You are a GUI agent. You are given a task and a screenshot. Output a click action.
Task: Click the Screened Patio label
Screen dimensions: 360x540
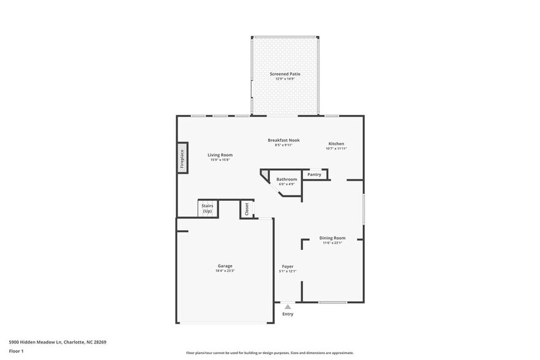[285, 74]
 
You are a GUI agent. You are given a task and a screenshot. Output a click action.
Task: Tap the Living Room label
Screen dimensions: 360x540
[220, 155]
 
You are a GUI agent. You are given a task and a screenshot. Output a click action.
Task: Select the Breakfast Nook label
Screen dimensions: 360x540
[283, 140]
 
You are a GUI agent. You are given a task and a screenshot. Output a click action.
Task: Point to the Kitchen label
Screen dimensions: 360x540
[336, 144]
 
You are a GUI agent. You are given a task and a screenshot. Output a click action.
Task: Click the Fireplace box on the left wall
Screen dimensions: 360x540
[182, 158]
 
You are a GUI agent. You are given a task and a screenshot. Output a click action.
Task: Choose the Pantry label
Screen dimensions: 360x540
[314, 174]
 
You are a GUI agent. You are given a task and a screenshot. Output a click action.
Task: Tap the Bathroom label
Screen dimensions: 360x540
[287, 179]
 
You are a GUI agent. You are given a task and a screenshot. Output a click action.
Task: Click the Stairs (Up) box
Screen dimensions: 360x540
[207, 209]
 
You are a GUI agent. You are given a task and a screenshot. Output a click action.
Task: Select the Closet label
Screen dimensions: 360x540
[247, 209]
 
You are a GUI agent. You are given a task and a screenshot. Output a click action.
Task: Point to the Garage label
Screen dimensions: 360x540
[225, 266]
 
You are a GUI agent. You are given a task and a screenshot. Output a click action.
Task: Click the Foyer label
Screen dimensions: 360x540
[287, 266]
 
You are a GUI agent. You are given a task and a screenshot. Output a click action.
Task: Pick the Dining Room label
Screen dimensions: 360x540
[332, 238]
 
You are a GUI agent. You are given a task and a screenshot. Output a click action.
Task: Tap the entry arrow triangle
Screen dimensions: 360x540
[287, 307]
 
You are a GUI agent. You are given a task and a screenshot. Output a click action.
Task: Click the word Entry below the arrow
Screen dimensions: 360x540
[287, 314]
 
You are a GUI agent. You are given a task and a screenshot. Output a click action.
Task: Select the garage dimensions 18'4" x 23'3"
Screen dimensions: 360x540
[225, 271]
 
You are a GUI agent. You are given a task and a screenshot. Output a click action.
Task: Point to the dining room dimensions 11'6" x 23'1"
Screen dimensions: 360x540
[332, 243]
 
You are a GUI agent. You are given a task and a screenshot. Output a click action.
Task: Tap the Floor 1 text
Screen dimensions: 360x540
[16, 351]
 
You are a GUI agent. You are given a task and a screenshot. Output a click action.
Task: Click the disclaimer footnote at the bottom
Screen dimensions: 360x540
[269, 353]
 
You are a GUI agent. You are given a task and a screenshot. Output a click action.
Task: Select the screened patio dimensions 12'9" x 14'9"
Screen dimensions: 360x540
[285, 79]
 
